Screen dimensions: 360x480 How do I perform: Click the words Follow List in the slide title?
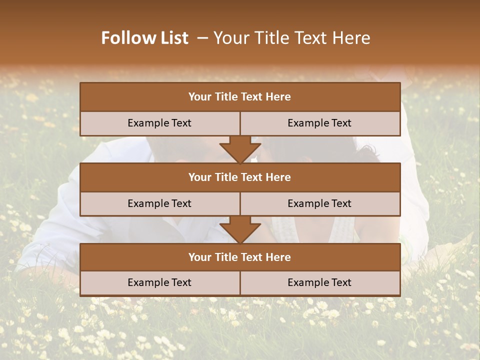(x=145, y=38)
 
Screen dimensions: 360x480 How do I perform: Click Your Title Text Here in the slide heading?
(x=291, y=38)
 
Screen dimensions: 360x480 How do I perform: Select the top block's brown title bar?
(x=240, y=97)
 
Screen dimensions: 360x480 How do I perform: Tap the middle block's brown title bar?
(x=240, y=177)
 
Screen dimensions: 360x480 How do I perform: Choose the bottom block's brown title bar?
(x=240, y=257)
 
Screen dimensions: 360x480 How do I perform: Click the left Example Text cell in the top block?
(x=159, y=123)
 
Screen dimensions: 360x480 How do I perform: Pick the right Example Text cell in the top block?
(x=319, y=123)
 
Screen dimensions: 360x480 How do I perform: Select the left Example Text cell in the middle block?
(x=159, y=204)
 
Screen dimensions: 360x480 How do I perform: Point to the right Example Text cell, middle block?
(x=319, y=204)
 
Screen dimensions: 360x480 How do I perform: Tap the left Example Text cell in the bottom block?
(x=159, y=283)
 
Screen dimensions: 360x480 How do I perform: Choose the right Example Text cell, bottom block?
(x=319, y=283)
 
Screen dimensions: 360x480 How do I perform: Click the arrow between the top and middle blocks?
(x=240, y=149)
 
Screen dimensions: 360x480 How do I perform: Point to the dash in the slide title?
(x=202, y=38)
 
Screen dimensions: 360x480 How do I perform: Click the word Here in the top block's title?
(x=278, y=97)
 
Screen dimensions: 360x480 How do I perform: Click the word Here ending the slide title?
(x=352, y=38)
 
